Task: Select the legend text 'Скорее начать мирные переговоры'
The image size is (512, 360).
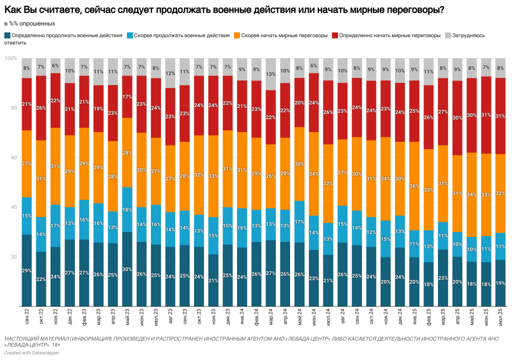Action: (x=284, y=35)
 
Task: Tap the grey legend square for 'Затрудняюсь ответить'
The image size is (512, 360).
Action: (x=448, y=35)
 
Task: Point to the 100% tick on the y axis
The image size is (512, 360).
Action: (x=11, y=58)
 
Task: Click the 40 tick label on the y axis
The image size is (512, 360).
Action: (x=13, y=207)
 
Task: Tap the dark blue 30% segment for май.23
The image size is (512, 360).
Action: (x=127, y=269)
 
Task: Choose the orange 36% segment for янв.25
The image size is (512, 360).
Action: (x=414, y=186)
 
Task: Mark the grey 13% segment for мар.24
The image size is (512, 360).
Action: (x=270, y=74)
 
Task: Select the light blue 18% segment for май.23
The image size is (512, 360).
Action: (x=127, y=209)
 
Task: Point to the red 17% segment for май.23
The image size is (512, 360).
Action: (x=127, y=96)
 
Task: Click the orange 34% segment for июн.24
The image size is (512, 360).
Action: (x=314, y=174)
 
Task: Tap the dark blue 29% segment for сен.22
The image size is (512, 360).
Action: (x=27, y=270)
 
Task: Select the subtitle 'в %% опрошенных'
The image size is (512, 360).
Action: (x=29, y=23)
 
